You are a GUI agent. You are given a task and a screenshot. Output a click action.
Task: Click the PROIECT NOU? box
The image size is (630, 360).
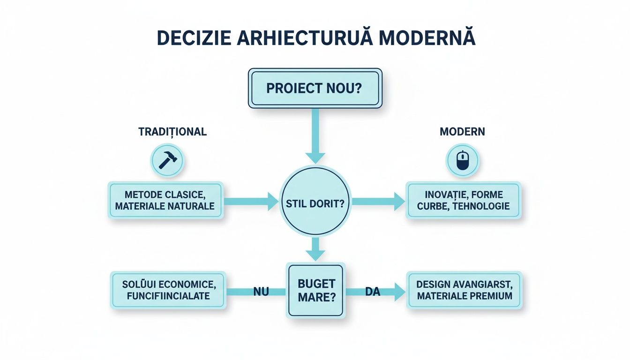pyautogui.click(x=315, y=89)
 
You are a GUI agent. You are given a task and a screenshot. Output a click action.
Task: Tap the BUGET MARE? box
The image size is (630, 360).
pyautogui.click(x=316, y=291)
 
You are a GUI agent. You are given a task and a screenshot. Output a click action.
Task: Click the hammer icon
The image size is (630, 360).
pyautogui.click(x=167, y=160)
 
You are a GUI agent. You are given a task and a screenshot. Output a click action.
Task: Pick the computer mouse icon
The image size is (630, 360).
pyautogui.click(x=462, y=160)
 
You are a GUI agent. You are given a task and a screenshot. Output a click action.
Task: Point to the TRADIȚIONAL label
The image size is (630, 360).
pyautogui.click(x=172, y=132)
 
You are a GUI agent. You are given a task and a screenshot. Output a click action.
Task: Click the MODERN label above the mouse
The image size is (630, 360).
pyautogui.click(x=462, y=132)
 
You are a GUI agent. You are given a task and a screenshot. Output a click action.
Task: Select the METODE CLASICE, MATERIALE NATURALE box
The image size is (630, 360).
pyautogui.click(x=165, y=200)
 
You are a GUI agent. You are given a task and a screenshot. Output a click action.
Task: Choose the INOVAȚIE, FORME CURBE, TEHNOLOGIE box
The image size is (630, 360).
pyautogui.click(x=464, y=200)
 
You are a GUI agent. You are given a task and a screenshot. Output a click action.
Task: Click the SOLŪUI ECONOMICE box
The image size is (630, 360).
pyautogui.click(x=168, y=290)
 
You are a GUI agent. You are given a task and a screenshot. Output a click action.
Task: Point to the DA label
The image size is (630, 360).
pyautogui.click(x=372, y=292)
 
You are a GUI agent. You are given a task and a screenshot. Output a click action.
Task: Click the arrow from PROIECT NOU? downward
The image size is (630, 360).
pyautogui.click(x=315, y=136)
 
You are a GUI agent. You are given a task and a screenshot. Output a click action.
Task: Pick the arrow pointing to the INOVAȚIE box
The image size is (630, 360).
pyautogui.click(x=378, y=202)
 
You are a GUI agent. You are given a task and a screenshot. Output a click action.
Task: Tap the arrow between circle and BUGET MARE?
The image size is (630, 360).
pyautogui.click(x=315, y=249)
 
